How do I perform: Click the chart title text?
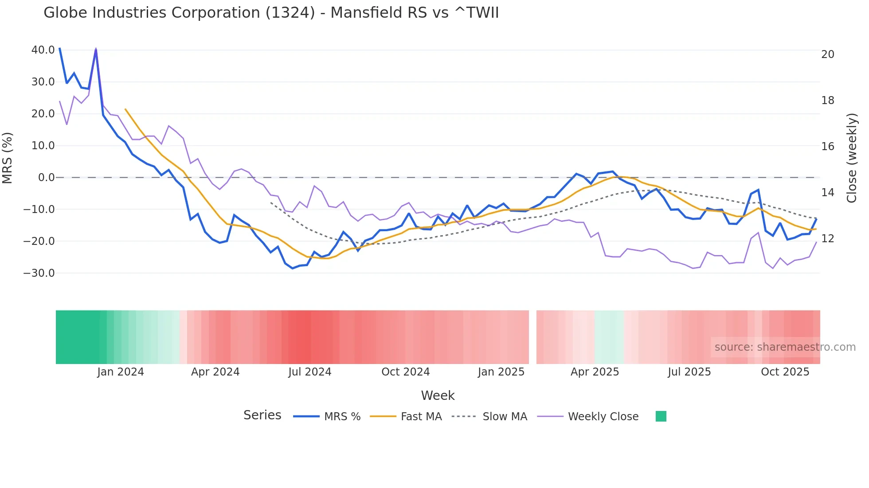click(x=271, y=13)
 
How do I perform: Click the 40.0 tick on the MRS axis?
click(x=43, y=50)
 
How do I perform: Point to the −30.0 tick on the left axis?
click(x=39, y=273)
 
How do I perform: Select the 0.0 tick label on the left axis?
click(x=46, y=178)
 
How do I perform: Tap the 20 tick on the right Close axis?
click(x=827, y=54)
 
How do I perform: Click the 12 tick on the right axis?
click(x=827, y=239)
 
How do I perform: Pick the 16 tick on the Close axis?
click(x=827, y=147)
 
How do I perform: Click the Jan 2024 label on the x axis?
click(x=121, y=372)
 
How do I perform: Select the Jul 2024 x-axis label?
click(x=309, y=372)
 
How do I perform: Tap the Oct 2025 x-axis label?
click(x=785, y=372)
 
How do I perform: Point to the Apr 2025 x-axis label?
click(x=595, y=372)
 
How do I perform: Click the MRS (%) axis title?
click(x=8, y=158)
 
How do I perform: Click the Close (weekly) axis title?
click(x=851, y=158)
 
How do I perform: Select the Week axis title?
click(x=438, y=395)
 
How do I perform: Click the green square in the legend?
click(x=661, y=416)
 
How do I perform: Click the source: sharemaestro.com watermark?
click(x=785, y=347)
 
